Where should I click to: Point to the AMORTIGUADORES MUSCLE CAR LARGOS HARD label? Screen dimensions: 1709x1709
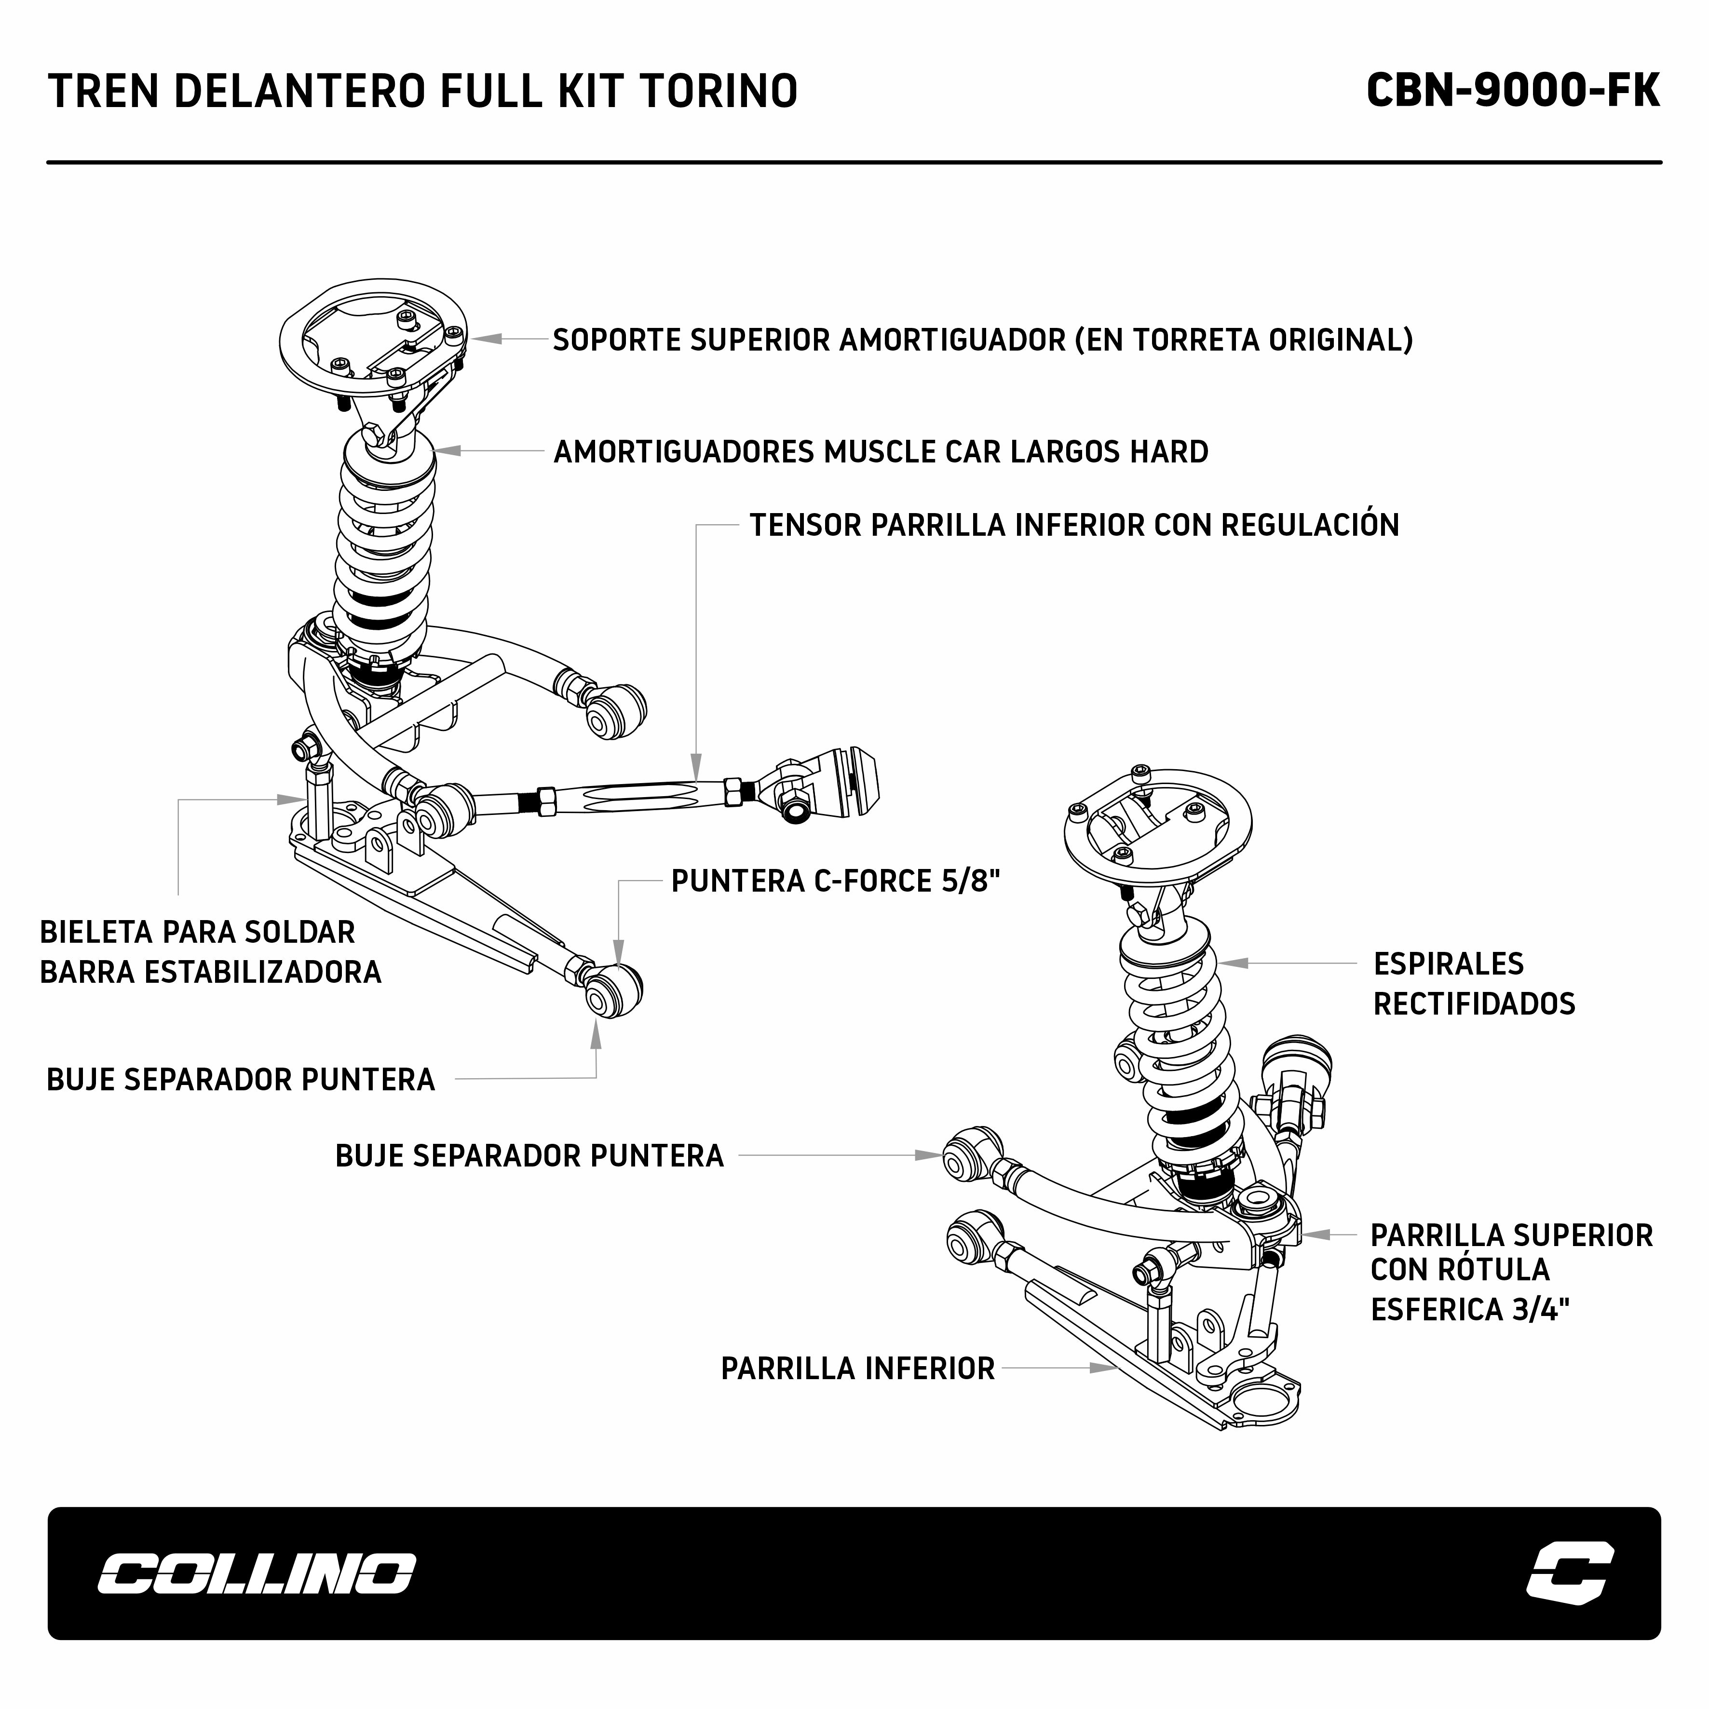(880, 452)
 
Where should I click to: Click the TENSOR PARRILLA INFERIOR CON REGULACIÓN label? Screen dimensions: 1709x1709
(1074, 526)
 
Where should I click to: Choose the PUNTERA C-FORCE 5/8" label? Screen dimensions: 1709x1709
(835, 881)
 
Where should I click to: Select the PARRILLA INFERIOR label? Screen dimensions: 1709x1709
(857, 1369)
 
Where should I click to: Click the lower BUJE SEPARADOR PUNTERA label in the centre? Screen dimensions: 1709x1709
(529, 1156)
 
